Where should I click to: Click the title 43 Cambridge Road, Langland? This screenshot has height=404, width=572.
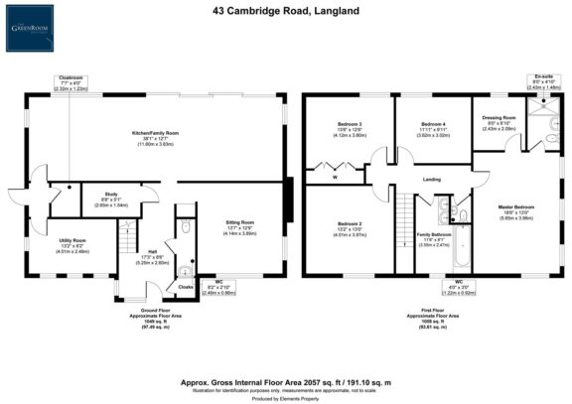tap(286, 11)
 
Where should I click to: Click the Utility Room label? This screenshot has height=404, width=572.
tap(72, 240)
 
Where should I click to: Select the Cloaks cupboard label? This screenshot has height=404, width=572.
tap(185, 286)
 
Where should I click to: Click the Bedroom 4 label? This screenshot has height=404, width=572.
tap(434, 123)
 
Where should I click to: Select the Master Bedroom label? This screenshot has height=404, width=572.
tap(516, 208)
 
